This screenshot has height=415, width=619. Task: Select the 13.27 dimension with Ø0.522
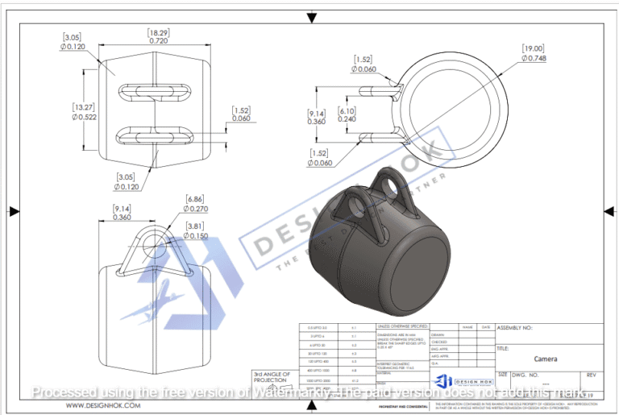point(85,111)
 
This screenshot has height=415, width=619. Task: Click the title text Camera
point(547,359)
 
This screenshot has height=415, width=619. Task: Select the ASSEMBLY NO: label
point(515,328)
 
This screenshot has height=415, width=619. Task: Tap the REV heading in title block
point(591,375)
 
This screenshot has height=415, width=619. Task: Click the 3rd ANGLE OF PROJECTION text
point(270,378)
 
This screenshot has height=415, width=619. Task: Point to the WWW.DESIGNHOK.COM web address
point(103,405)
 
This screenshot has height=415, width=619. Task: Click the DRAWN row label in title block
point(439,334)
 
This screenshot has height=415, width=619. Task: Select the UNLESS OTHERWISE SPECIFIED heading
point(403,327)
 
